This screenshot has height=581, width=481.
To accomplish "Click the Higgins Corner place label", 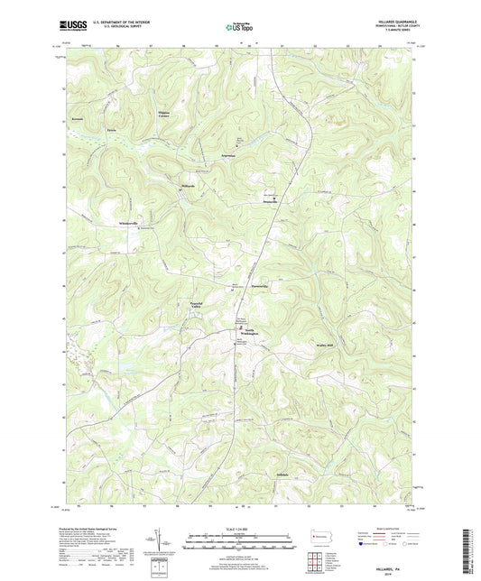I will point(163,115).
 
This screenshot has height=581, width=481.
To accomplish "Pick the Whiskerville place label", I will point(133,223).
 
